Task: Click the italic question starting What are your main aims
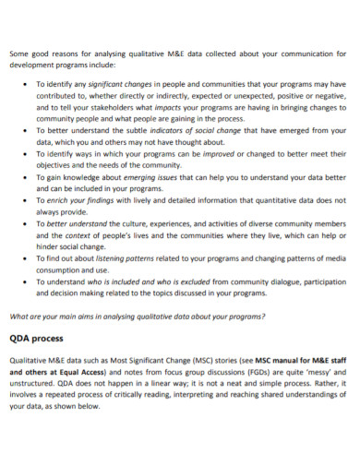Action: (x=136, y=317)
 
